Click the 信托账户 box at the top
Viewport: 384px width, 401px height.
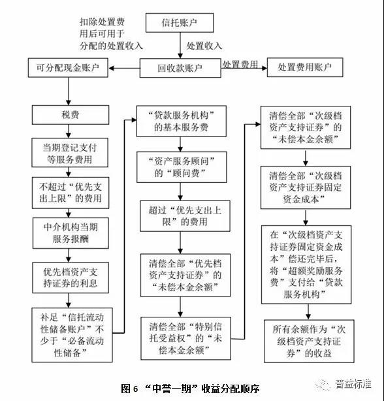(180, 23)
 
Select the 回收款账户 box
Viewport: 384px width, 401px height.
(180, 68)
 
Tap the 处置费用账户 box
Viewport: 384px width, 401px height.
(305, 67)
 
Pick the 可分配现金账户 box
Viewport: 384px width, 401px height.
(68, 68)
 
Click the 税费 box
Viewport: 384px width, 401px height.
(71, 115)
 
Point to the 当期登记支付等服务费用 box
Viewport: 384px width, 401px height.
(70, 153)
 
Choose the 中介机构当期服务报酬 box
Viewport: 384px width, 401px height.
(71, 233)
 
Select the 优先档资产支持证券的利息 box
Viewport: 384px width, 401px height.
(71, 278)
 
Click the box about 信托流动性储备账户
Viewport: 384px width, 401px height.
(72, 335)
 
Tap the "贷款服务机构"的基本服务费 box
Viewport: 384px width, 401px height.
(182, 121)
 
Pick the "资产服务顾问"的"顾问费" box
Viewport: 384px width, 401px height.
(182, 167)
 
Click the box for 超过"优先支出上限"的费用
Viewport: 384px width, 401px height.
(185, 216)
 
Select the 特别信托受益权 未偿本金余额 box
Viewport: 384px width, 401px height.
(185, 338)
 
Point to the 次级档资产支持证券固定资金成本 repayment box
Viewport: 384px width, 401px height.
(306, 187)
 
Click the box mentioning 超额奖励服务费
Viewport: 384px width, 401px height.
(306, 265)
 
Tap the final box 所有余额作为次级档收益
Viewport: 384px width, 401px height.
(309, 341)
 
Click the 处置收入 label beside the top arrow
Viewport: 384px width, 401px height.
(204, 46)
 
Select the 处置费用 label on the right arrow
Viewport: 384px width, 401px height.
(240, 65)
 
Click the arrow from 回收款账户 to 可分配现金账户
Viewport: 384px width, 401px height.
(124, 69)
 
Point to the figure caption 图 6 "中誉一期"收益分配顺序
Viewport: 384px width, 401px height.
(191, 389)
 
